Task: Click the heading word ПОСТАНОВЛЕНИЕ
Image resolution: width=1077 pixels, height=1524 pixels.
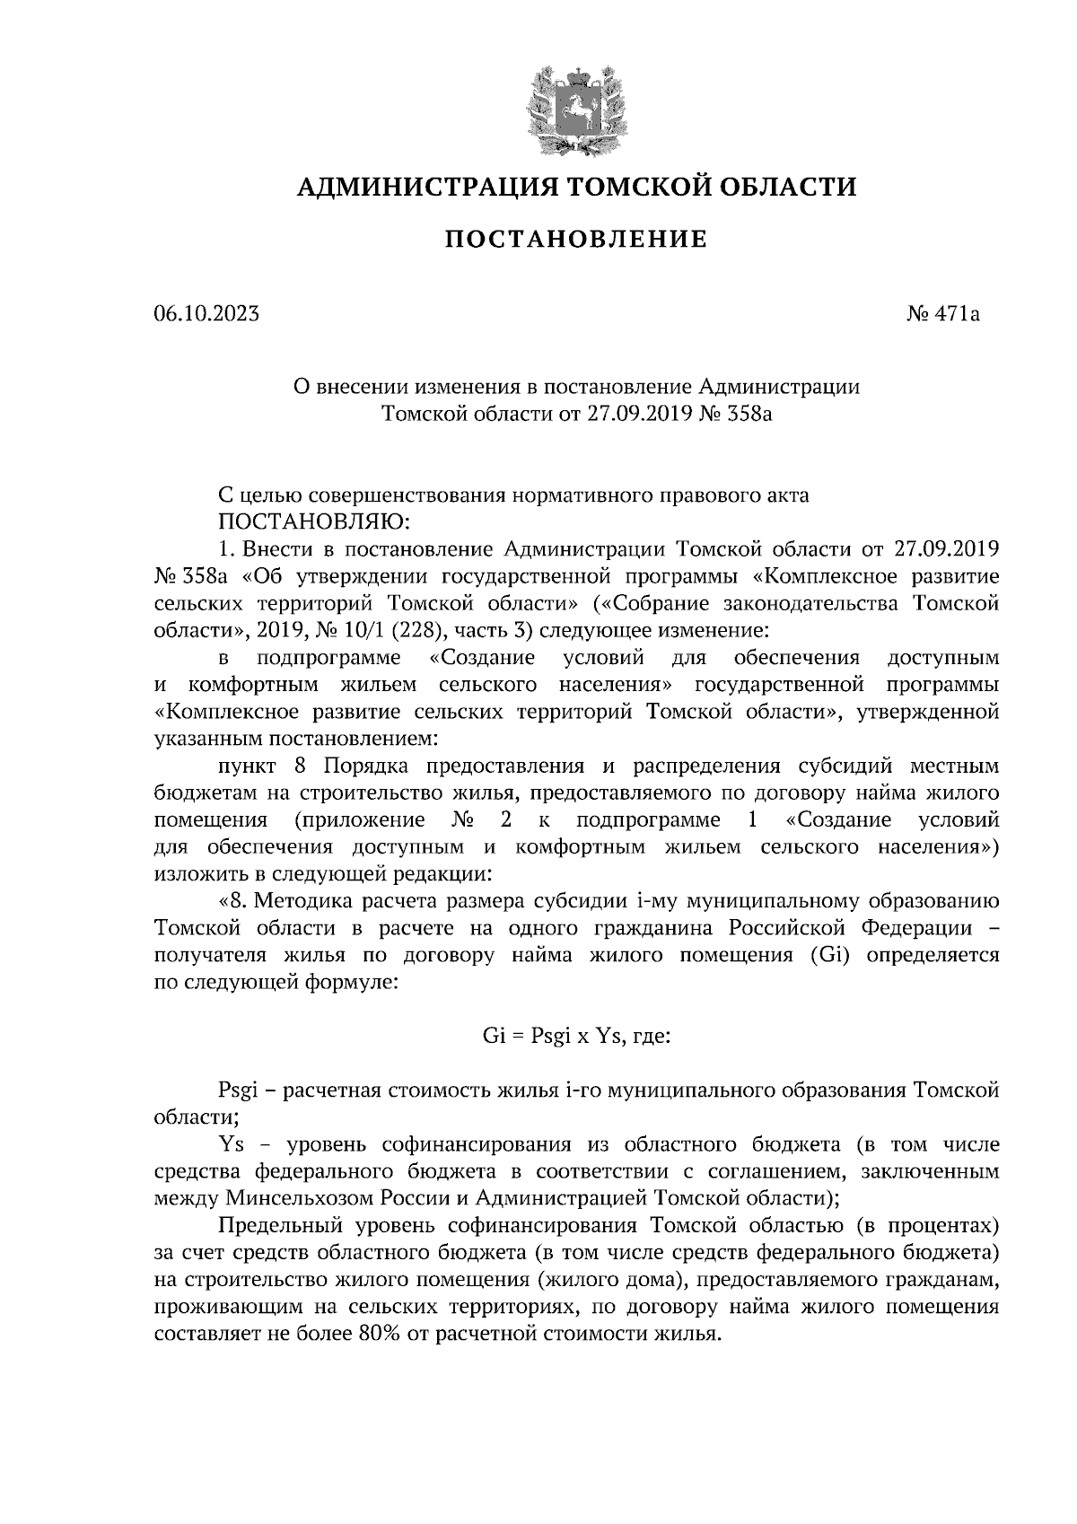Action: tap(577, 240)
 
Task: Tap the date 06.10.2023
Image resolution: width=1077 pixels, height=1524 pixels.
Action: tap(206, 314)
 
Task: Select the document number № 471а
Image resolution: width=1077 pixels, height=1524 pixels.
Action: tap(943, 314)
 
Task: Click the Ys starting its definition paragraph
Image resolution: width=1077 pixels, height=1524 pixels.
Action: tap(232, 1144)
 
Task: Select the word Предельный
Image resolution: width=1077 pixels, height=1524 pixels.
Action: tap(274, 1225)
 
